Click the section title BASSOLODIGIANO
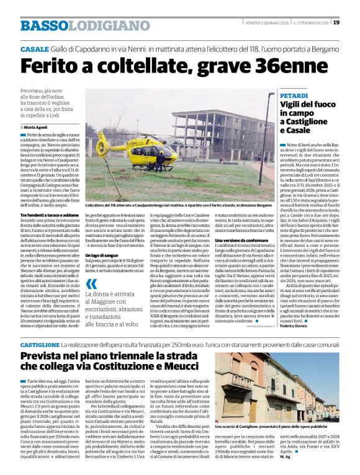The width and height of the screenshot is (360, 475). [68, 25]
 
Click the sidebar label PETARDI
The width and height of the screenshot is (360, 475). [294, 96]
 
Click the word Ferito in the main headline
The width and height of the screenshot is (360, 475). [54, 65]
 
